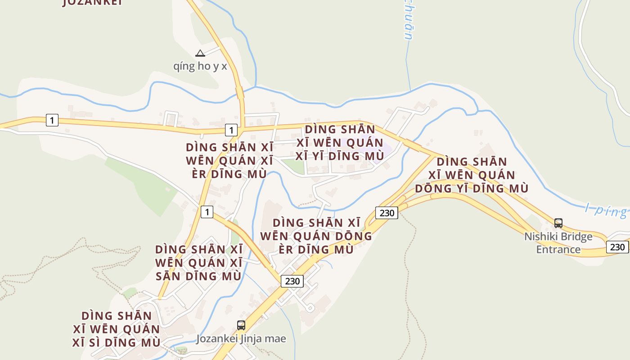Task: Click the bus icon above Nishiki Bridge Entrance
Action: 558,223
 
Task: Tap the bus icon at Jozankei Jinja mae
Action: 241,325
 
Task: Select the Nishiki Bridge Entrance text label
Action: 558,243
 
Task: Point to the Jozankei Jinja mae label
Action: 241,339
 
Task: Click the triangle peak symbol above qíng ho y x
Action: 200,54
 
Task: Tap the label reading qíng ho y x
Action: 200,66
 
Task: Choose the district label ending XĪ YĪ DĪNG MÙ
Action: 340,143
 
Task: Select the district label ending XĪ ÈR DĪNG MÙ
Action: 229,161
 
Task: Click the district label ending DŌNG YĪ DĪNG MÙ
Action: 472,175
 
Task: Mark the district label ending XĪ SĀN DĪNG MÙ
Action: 198,263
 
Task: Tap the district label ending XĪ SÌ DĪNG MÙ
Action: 117,329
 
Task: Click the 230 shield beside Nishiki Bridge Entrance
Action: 617,247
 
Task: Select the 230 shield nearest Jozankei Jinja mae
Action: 292,281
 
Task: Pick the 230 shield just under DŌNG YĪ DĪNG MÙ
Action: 387,212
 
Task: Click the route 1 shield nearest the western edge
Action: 52,120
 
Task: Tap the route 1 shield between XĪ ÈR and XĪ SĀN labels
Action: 207,211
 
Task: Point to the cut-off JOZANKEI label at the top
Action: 93,3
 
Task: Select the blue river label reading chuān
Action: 408,22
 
